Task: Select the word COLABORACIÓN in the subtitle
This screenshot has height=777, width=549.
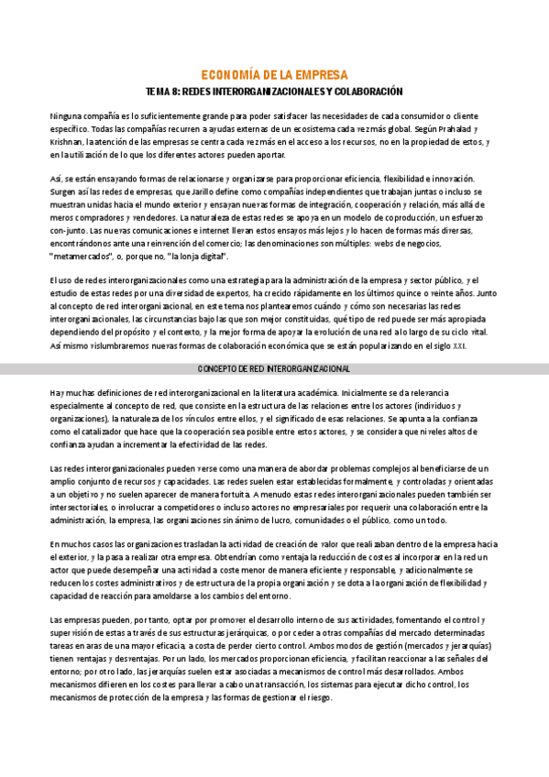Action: click(x=371, y=93)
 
